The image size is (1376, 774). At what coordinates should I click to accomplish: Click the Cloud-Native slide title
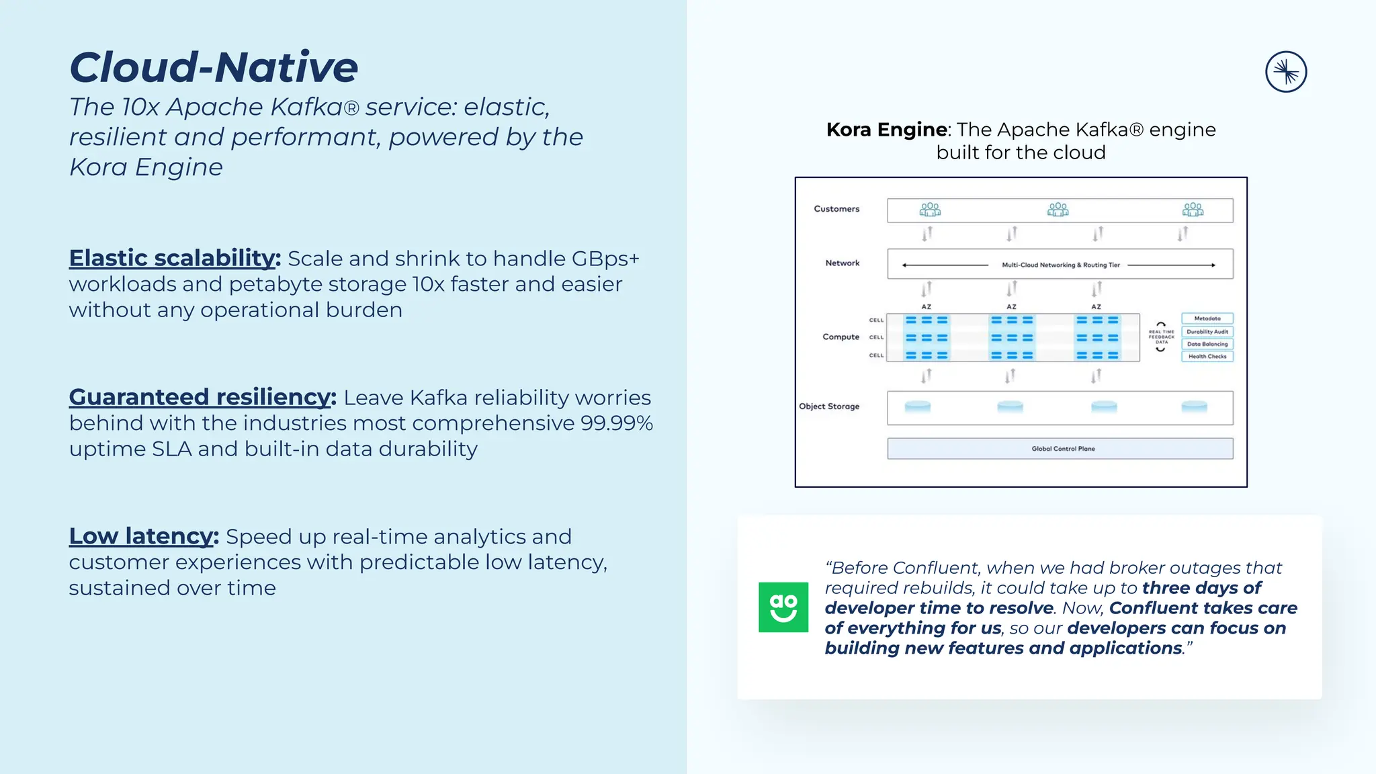[x=214, y=67]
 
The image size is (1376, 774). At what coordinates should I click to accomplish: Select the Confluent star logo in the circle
[x=1286, y=72]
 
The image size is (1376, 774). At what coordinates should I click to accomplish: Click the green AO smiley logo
[x=783, y=607]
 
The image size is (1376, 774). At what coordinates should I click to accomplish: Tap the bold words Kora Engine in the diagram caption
[x=888, y=130]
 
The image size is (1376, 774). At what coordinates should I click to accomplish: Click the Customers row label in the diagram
[x=836, y=209]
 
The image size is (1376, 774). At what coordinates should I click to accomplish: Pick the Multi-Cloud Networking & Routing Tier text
[x=1061, y=265]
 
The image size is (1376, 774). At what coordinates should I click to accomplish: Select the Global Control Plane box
[x=1060, y=449]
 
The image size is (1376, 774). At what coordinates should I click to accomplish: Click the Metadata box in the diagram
[x=1207, y=318]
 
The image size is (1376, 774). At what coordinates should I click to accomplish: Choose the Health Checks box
[x=1207, y=357]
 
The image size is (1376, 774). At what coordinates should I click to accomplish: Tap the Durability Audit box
[x=1207, y=331]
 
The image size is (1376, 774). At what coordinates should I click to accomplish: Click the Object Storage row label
[x=829, y=406]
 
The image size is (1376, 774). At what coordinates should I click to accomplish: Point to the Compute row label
[x=841, y=337]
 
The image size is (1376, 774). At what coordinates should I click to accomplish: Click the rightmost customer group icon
[x=1193, y=210]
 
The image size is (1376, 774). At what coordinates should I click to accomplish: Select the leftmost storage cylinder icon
[x=918, y=406]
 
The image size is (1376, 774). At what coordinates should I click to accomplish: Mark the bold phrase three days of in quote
[x=1201, y=588]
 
